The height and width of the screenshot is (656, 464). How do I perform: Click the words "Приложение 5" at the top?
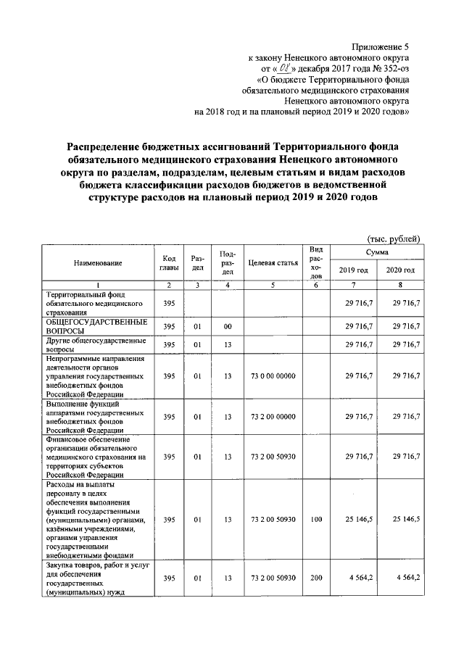pos(380,45)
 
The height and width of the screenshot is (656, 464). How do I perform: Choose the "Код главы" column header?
pos(169,264)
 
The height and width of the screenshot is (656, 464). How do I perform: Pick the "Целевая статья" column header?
pos(273,264)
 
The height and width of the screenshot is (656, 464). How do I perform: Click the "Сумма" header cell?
pos(376,252)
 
